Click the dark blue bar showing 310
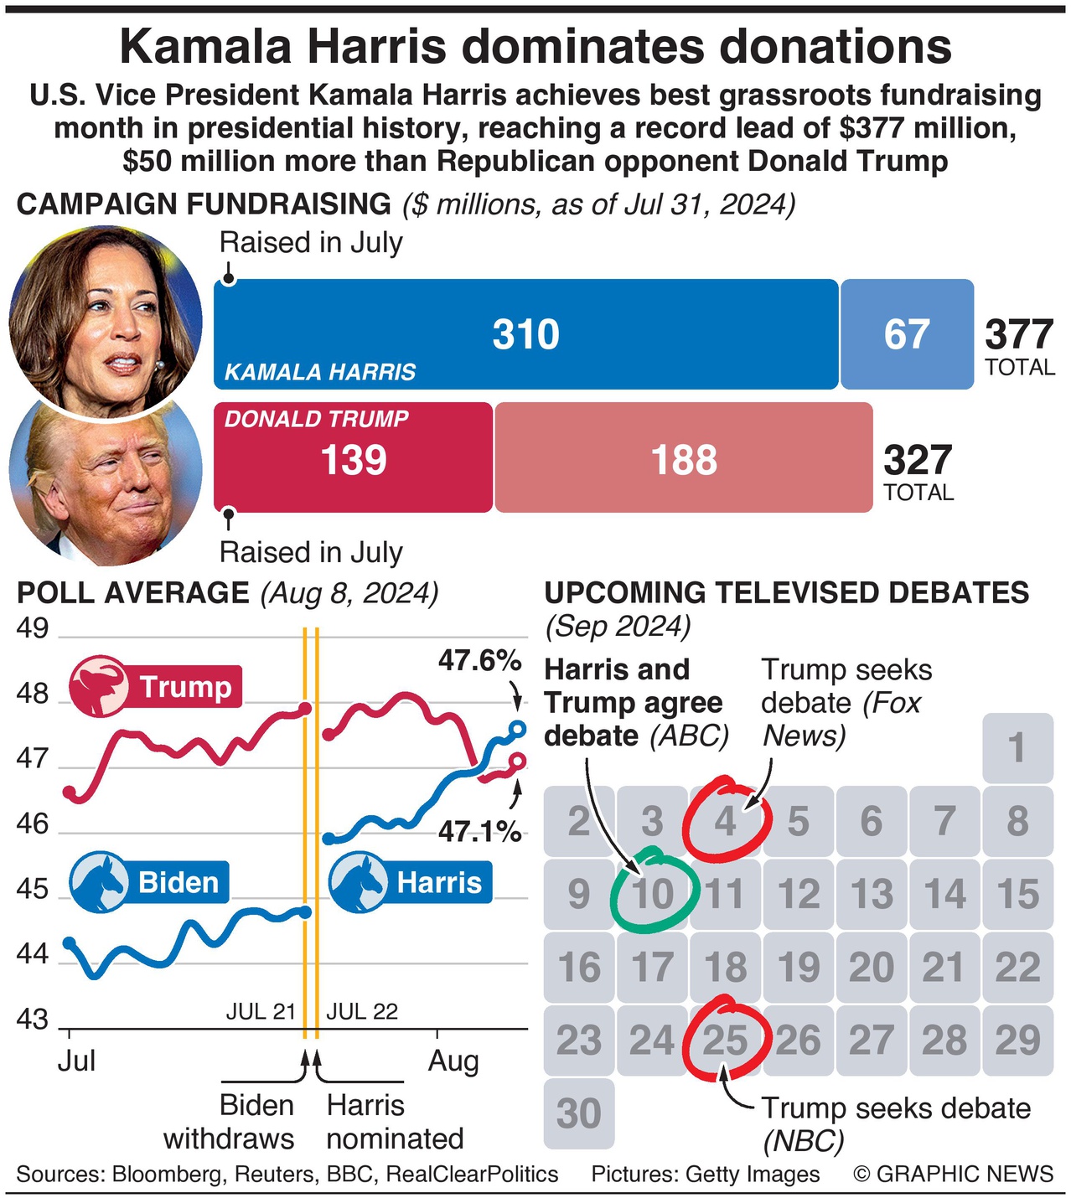coord(525,334)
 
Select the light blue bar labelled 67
coord(907,334)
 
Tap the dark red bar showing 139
coord(353,458)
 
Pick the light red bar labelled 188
coord(684,458)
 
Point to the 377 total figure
coord(1018,335)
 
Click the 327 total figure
coord(918,461)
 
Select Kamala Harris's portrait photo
coord(106,318)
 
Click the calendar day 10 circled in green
coord(653,894)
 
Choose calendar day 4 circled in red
coord(726,821)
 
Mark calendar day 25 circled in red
coord(726,1041)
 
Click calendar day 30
coord(579,1113)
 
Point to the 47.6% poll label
coord(479,661)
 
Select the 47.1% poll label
coord(479,832)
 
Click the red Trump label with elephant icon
coord(156,687)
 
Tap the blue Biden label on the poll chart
coord(149,882)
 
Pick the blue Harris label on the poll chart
coord(410,882)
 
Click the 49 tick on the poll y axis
coord(33,628)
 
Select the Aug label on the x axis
coord(453,1061)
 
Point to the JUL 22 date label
coord(361,1011)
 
